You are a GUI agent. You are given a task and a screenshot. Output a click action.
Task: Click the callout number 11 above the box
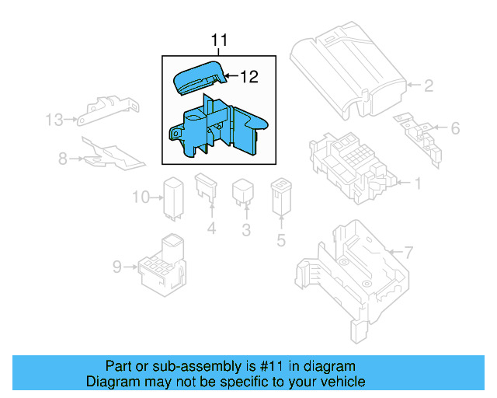click(x=219, y=40)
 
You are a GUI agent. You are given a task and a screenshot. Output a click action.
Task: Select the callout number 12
click(x=248, y=76)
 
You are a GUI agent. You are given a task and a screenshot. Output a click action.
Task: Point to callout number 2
click(x=428, y=85)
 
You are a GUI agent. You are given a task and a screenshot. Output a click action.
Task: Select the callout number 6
click(x=455, y=128)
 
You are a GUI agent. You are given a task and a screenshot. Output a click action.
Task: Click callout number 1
click(x=417, y=184)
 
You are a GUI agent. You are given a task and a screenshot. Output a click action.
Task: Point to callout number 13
click(x=54, y=120)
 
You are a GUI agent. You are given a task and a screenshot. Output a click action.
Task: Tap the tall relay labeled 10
click(x=172, y=197)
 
